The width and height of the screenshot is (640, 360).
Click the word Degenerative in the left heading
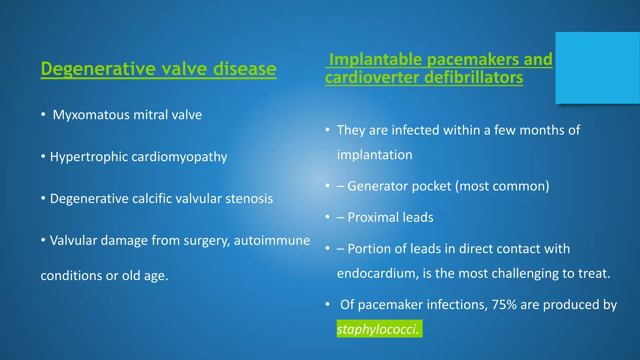tap(98, 69)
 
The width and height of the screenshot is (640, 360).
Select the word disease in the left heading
tap(245, 69)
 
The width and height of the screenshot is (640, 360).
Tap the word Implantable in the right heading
tap(376, 59)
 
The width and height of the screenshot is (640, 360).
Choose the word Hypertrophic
tap(89, 157)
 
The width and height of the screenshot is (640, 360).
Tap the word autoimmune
tap(272, 241)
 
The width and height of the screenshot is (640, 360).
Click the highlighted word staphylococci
tap(378, 329)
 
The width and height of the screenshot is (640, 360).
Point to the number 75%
tap(504, 305)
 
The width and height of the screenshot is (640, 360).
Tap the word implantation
tap(374, 155)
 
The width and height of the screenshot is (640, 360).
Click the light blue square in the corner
tap(597, 68)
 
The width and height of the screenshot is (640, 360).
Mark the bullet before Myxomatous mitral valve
tap(43, 115)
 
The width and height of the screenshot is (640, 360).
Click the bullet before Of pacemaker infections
tap(327, 304)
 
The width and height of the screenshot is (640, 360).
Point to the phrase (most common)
tap(502, 186)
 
